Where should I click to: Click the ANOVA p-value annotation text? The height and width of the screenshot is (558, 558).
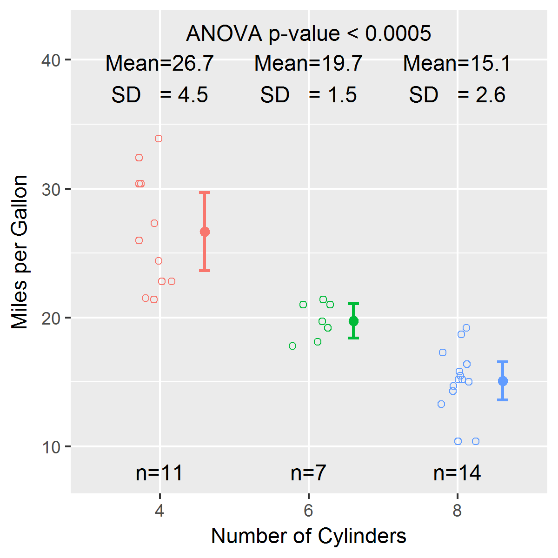308,33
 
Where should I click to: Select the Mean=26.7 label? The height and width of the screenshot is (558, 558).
159,63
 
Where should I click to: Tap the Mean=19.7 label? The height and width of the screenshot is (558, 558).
308,63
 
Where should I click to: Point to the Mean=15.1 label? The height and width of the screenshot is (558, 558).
457,63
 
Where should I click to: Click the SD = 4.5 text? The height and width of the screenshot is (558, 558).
159,95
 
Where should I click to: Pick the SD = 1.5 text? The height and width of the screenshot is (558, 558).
308,95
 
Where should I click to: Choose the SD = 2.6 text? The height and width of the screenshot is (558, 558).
457,95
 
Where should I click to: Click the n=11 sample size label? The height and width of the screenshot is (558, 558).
159,473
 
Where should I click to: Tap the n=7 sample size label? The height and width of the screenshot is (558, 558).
308,473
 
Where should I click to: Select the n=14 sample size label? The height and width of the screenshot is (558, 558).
457,473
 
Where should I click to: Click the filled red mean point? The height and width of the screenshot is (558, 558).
205,232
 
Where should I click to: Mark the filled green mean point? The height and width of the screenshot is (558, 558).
353,321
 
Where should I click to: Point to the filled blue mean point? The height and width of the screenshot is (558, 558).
503,381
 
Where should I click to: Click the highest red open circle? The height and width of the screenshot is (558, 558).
159,139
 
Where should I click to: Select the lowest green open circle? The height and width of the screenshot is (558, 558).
292,346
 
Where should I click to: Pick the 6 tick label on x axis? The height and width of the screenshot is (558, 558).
308,511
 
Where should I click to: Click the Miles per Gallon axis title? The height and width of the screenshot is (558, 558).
20,252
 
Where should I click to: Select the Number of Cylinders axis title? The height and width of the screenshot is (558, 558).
308,536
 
